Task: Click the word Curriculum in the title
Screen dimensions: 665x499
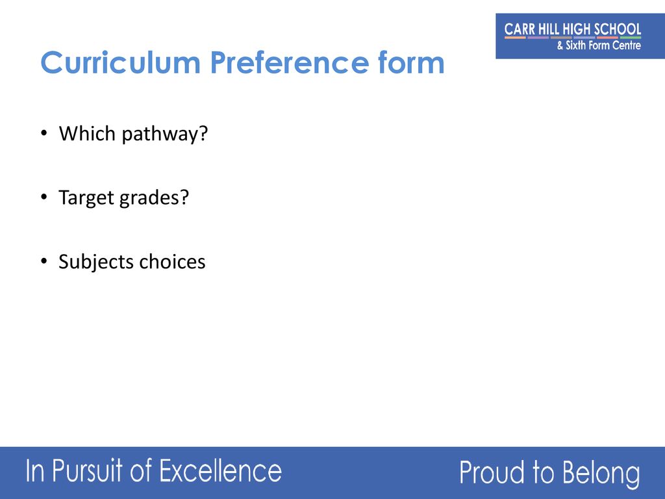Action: click(x=120, y=62)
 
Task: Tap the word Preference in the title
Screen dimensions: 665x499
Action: click(x=289, y=62)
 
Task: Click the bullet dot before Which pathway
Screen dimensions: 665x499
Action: click(x=44, y=133)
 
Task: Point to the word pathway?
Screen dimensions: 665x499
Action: click(x=164, y=134)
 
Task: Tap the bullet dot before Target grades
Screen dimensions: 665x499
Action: click(x=44, y=198)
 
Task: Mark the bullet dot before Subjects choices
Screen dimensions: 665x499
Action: click(x=44, y=261)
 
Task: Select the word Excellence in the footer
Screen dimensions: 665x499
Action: click(x=220, y=470)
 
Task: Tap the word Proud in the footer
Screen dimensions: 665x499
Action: click(x=492, y=472)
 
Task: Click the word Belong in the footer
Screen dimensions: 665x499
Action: click(x=601, y=474)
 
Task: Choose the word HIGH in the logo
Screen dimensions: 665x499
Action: click(x=577, y=29)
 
